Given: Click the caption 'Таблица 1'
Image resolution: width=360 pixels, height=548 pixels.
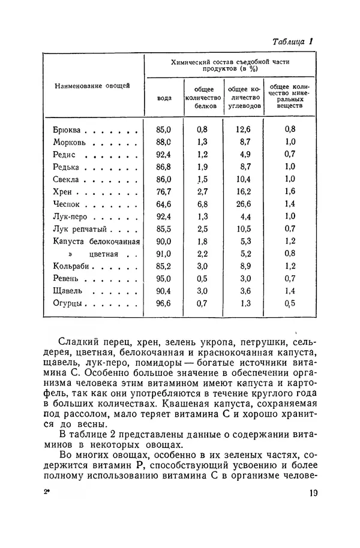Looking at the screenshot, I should click(293, 43).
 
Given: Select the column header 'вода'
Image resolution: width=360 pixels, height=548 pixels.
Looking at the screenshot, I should click(164, 98).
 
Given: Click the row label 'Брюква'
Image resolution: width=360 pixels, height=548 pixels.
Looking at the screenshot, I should click(70, 129).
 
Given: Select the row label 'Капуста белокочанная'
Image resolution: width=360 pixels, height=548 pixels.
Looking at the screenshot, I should click(96, 242).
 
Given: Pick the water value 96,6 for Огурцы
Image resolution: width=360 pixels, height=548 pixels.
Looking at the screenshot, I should click(164, 303).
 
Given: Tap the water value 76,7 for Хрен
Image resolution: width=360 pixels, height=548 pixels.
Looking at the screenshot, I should click(164, 192).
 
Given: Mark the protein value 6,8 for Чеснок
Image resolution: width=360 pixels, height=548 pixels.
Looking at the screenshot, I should click(202, 204).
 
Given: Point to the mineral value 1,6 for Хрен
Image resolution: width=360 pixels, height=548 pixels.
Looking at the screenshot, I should click(290, 192).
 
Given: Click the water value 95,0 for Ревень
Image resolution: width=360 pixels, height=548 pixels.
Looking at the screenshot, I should click(164, 279).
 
